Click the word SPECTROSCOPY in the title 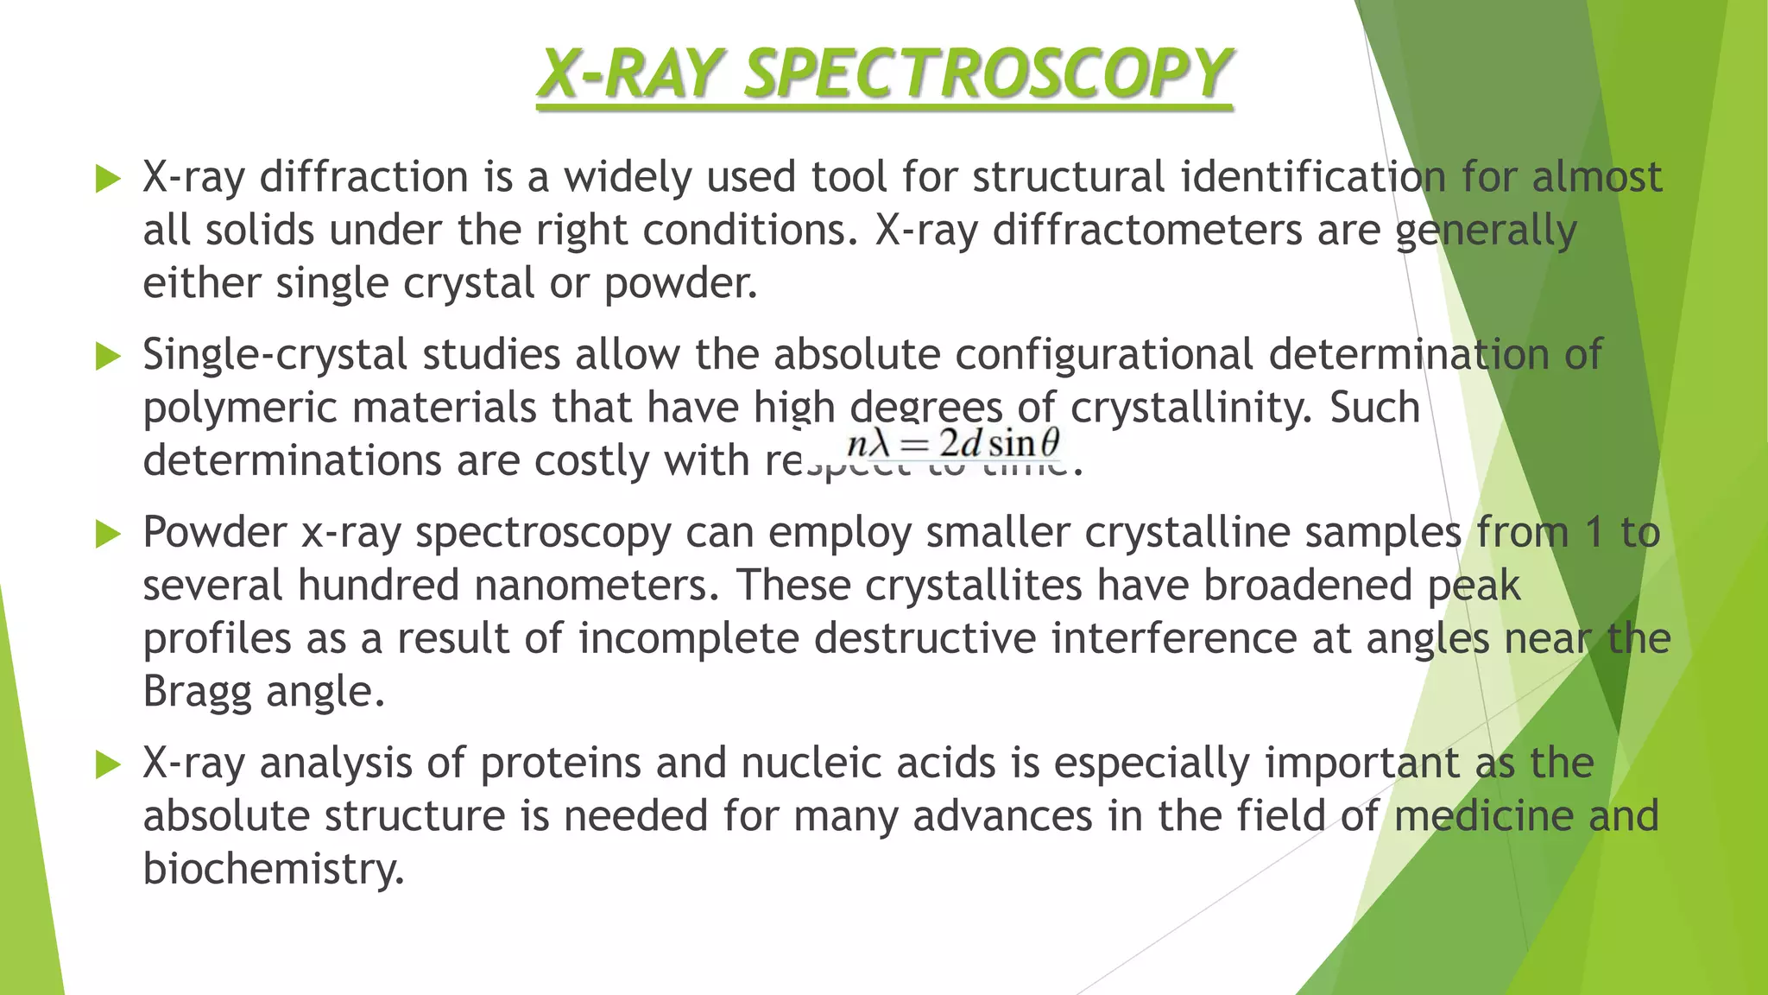click(988, 73)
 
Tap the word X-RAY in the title click(629, 73)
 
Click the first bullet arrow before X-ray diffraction click(108, 179)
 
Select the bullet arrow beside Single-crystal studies click(108, 356)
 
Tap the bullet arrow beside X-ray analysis click(108, 764)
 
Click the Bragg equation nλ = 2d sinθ click(953, 444)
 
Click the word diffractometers click(1146, 231)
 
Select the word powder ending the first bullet click(679, 284)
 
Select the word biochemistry click(273, 870)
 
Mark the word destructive click(925, 639)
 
